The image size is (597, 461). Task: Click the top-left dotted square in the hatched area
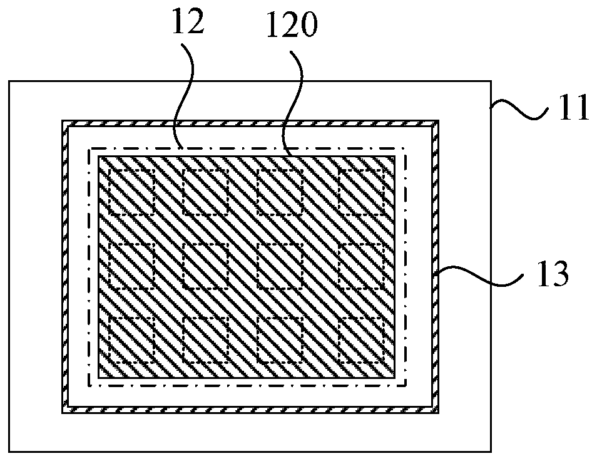tap(132, 192)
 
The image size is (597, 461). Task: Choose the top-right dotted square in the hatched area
tap(361, 192)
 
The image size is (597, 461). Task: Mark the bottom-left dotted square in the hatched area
tap(132, 338)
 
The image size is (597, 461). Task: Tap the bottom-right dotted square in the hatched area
tap(361, 338)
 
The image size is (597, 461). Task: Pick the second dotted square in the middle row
tap(206, 266)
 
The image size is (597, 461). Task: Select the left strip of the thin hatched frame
tap(64, 266)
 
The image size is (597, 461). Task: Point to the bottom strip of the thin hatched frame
tap(250, 410)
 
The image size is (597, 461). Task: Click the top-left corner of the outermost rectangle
tap(9, 81)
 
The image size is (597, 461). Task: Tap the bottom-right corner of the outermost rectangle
tap(491, 451)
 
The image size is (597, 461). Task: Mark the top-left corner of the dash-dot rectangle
tap(90, 148)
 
